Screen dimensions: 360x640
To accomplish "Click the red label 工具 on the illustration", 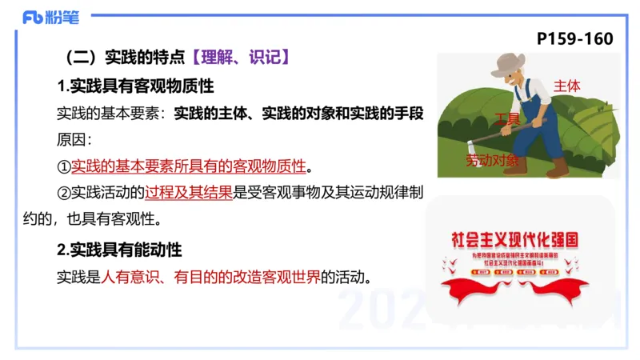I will pyautogui.click(x=507, y=119).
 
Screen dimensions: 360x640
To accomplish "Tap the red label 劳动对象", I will pyautogui.click(x=492, y=161).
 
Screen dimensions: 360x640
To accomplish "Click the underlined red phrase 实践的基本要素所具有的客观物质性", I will pyautogui.click(x=189, y=166).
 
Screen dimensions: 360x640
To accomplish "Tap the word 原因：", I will pyautogui.click(x=74, y=140).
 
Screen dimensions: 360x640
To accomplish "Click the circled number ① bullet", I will pyautogui.click(x=64, y=166).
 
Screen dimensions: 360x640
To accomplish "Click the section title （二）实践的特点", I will pyautogui.click(x=125, y=58).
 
